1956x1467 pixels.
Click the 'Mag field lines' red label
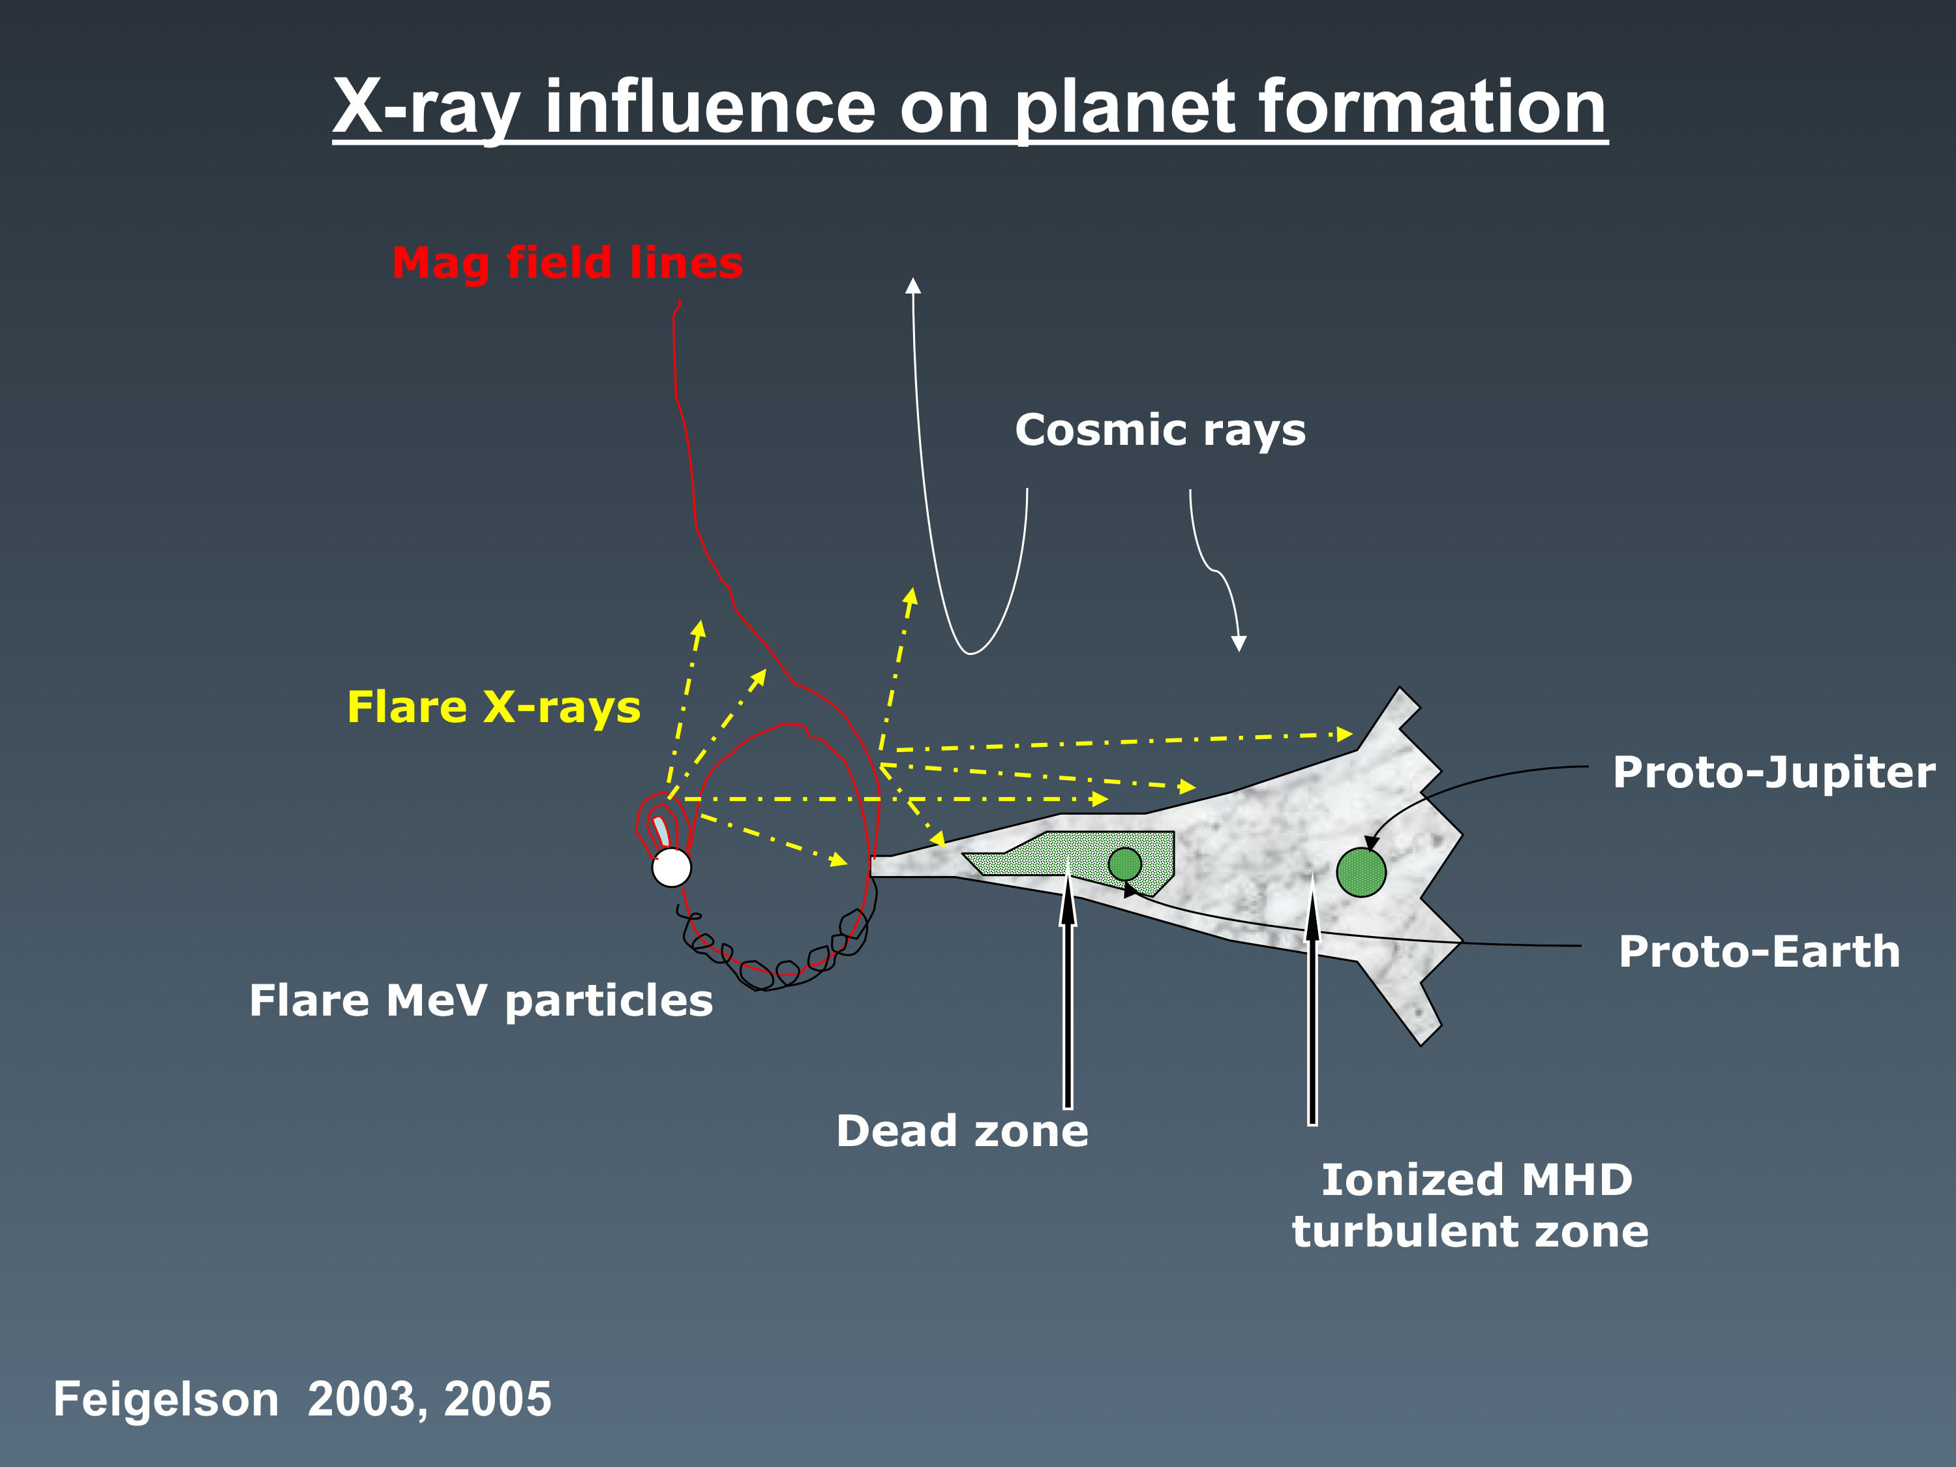[567, 264]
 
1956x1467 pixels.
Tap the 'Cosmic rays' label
[1160, 431]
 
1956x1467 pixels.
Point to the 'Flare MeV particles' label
[481, 1001]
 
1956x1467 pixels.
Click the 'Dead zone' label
[962, 1131]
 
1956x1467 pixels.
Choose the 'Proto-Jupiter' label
[1774, 772]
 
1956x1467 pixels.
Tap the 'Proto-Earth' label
[1760, 952]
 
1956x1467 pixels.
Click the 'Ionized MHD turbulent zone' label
[1471, 1205]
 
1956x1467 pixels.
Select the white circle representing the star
[671, 868]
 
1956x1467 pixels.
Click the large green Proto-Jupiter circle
[1361, 872]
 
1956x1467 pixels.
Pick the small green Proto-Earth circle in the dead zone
[1125, 864]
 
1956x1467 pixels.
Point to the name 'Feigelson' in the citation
[166, 1399]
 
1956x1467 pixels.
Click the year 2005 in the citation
[498, 1399]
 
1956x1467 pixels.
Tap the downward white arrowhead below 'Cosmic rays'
[1239, 643]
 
